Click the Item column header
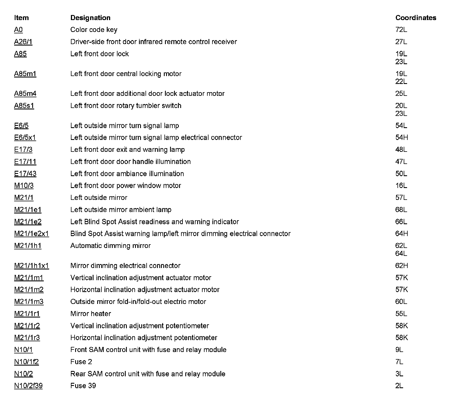click(x=21, y=18)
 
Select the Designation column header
click(x=90, y=18)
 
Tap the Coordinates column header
click(x=416, y=18)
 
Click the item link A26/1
click(x=23, y=42)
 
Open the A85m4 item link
click(x=25, y=94)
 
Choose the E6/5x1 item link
click(x=25, y=137)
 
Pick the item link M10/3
click(x=24, y=185)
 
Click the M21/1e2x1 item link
click(x=31, y=234)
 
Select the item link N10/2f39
click(x=28, y=386)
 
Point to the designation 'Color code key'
click(x=94, y=30)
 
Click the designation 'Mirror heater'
click(x=90, y=314)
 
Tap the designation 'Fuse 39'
click(x=83, y=386)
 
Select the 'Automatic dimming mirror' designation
click(x=110, y=246)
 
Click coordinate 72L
click(x=401, y=30)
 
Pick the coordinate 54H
click(x=401, y=137)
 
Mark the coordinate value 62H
click(x=401, y=265)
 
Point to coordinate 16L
click(x=401, y=185)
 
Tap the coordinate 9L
click(x=399, y=350)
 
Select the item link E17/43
click(x=25, y=174)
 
